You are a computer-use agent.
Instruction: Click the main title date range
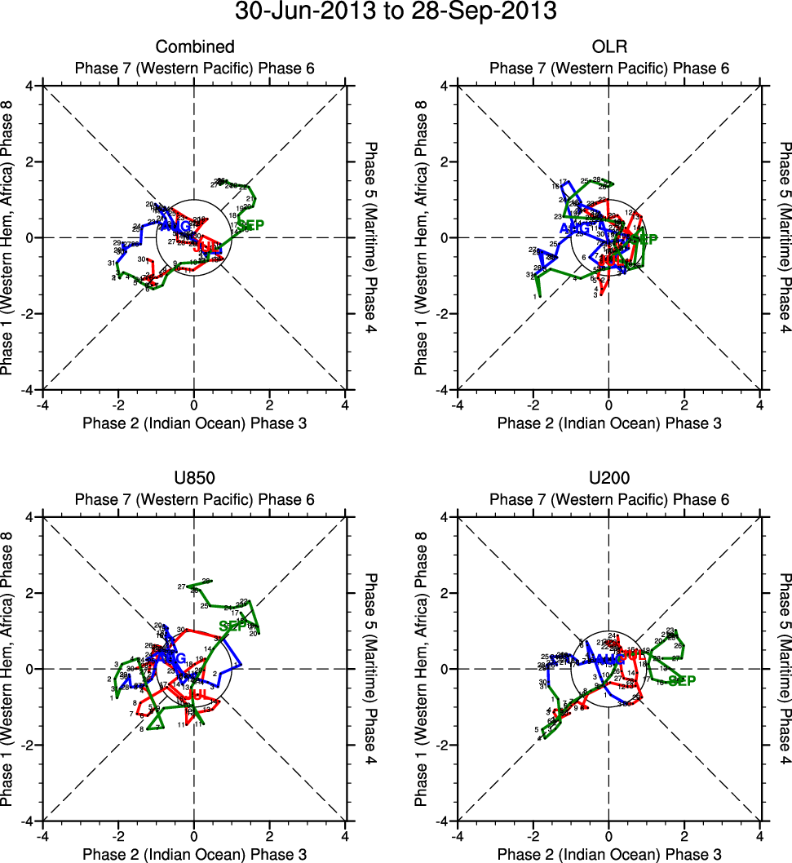pos(396,12)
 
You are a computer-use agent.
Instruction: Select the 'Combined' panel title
pos(194,47)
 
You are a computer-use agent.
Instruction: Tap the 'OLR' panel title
pos(608,47)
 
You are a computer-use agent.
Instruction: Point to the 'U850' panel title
pos(194,479)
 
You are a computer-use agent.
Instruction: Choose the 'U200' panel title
pos(608,479)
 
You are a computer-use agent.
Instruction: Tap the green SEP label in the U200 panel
pos(682,681)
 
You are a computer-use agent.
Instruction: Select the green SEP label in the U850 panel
pos(232,626)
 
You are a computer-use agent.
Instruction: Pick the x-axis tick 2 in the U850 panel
pos(269,836)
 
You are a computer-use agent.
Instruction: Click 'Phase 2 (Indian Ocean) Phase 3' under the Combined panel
pos(194,423)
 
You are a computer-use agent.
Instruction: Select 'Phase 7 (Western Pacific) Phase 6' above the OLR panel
pos(608,68)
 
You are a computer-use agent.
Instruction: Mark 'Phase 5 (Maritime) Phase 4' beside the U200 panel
pos(785,669)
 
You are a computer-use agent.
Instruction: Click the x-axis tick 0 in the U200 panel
pos(608,836)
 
